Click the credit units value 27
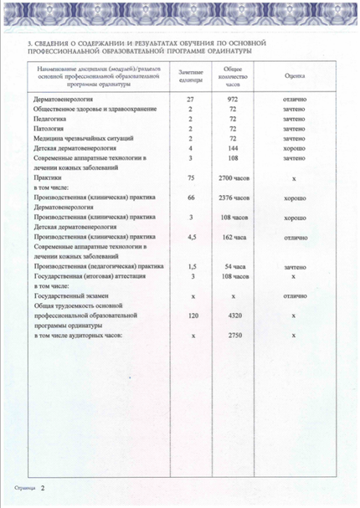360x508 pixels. pyautogui.click(x=191, y=99)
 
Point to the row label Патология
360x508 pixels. pyautogui.click(x=49, y=129)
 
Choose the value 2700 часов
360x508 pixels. pyautogui.click(x=234, y=178)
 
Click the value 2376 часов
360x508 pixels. pyautogui.click(x=234, y=198)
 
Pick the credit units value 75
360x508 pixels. pyautogui.click(x=191, y=178)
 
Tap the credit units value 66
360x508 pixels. pyautogui.click(x=191, y=198)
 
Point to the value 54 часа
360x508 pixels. pyautogui.click(x=234, y=266)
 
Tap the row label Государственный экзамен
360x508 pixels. pyautogui.click(x=71, y=296)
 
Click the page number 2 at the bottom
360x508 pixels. pyautogui.click(x=43, y=486)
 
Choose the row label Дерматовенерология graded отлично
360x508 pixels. pyautogui.click(x=66, y=99)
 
